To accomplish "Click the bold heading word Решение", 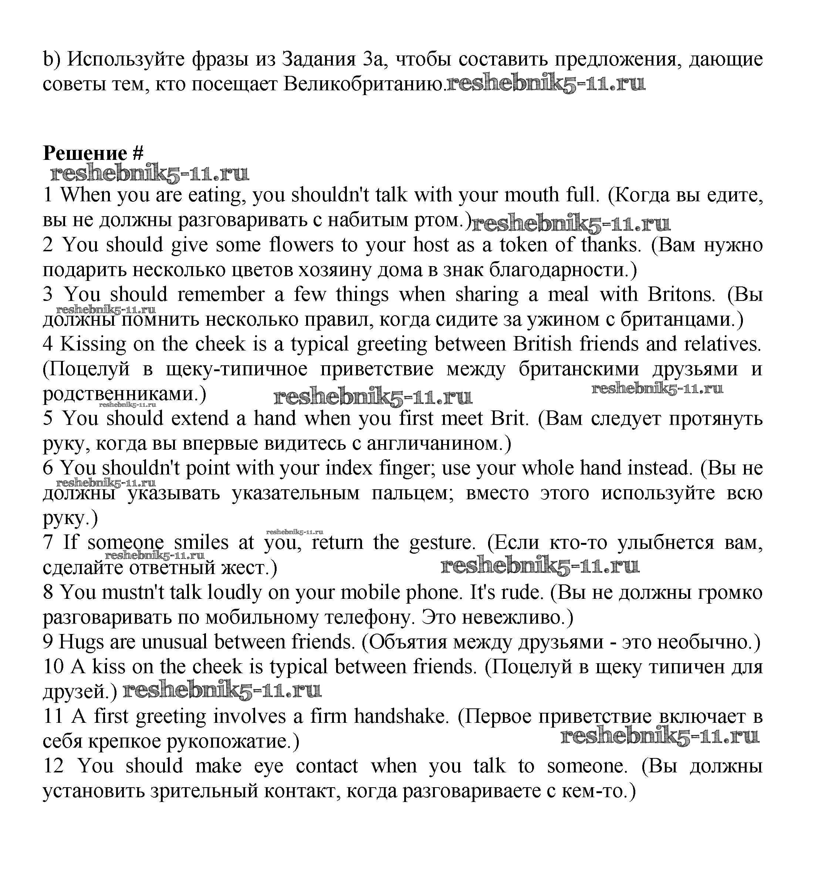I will click(x=85, y=154).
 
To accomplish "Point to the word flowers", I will click(x=301, y=245).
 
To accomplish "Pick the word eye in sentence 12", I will click(x=268, y=766).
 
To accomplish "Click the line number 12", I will click(x=53, y=766).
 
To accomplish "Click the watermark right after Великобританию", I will click(x=545, y=84).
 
